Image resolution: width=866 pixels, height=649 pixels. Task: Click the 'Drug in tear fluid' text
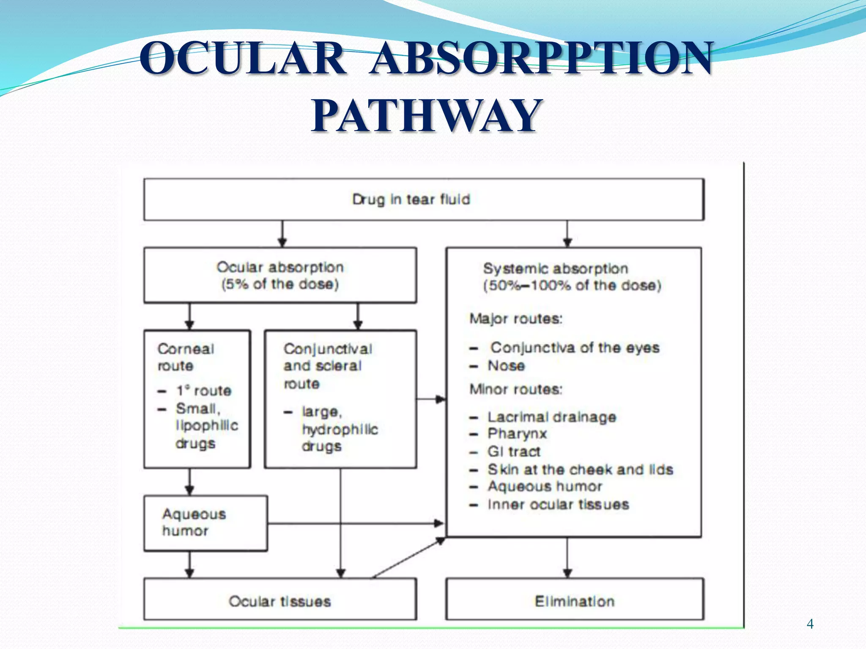pyautogui.click(x=411, y=199)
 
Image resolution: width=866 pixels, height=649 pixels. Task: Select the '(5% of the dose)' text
pyautogui.click(x=280, y=284)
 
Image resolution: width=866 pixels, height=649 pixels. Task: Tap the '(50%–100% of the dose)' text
pyautogui.click(x=572, y=285)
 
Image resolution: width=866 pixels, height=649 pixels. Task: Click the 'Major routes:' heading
pyautogui.click(x=516, y=319)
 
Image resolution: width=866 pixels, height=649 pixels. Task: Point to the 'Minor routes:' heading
pyautogui.click(x=516, y=389)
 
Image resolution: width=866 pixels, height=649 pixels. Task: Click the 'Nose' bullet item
pyautogui.click(x=506, y=365)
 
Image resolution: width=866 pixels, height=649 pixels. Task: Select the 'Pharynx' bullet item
pyautogui.click(x=517, y=434)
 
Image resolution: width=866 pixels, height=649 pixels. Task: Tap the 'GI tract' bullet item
pyautogui.click(x=514, y=452)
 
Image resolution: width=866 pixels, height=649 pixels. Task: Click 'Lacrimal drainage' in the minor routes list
pyautogui.click(x=552, y=417)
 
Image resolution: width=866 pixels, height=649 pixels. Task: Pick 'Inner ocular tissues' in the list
pyautogui.click(x=558, y=504)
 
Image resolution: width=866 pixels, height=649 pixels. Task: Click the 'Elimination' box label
pyautogui.click(x=574, y=601)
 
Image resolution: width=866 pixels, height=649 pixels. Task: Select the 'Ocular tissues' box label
pyautogui.click(x=280, y=601)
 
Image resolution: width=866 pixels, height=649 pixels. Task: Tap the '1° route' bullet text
pyautogui.click(x=204, y=391)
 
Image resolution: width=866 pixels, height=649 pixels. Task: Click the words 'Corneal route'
pyautogui.click(x=186, y=357)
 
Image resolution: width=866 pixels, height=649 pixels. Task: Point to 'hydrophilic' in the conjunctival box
pyautogui.click(x=340, y=429)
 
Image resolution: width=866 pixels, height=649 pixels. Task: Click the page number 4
pyautogui.click(x=810, y=624)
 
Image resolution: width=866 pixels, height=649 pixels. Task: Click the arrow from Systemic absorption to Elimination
pyautogui.click(x=567, y=558)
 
